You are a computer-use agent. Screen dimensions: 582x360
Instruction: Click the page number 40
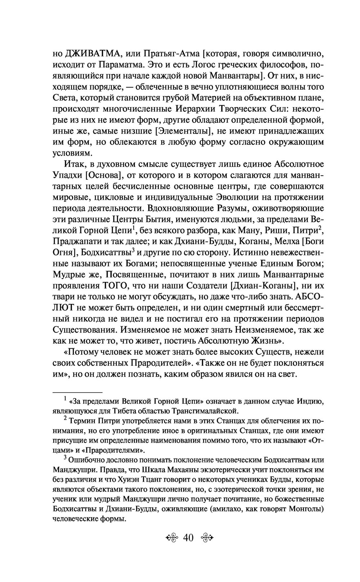pos(188,538)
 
